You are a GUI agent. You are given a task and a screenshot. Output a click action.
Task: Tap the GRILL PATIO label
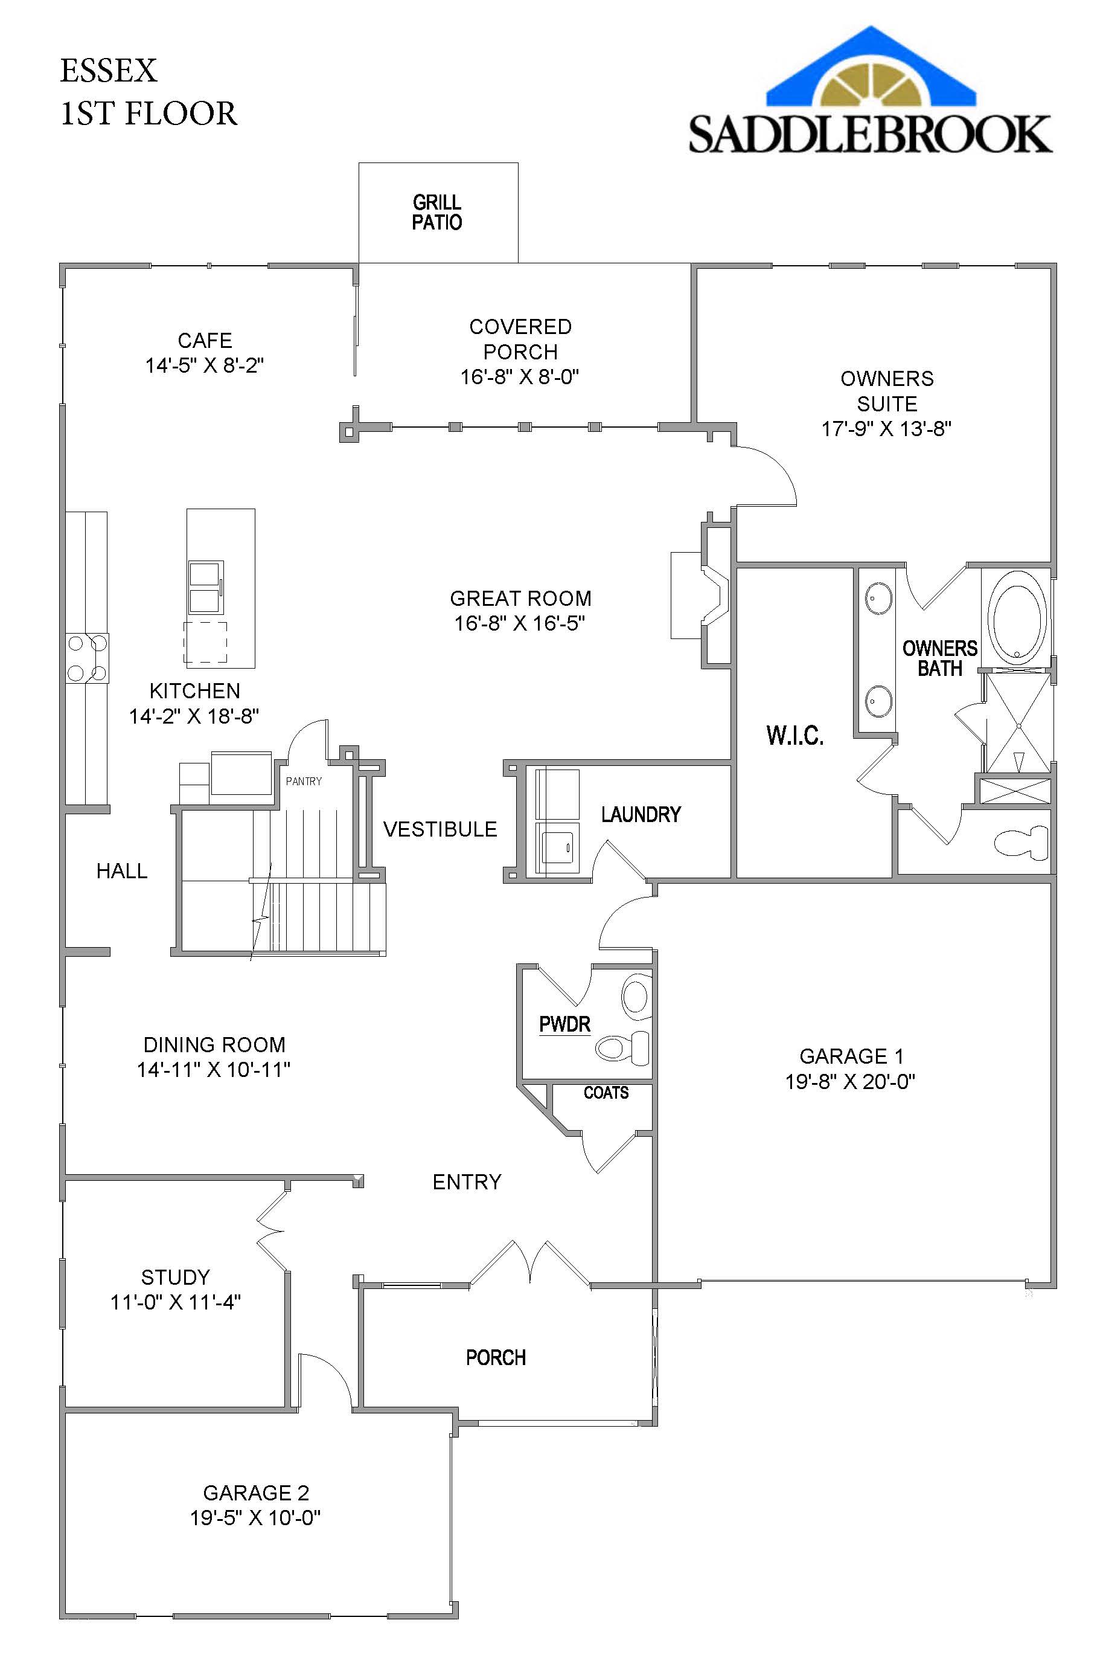pyautogui.click(x=436, y=213)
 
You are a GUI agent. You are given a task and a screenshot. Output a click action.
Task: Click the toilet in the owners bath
pyautogui.click(x=1021, y=841)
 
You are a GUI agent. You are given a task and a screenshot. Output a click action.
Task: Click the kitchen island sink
pyautogui.click(x=205, y=587)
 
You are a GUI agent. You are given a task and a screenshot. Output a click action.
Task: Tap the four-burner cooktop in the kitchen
pyautogui.click(x=87, y=658)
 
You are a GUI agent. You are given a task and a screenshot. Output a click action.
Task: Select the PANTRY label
pyautogui.click(x=303, y=781)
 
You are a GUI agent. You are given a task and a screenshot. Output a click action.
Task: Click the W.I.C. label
pyautogui.click(x=795, y=736)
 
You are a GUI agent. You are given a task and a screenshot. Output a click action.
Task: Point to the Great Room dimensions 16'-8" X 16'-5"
pyautogui.click(x=520, y=623)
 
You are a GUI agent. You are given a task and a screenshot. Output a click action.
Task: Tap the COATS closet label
pyautogui.click(x=606, y=1093)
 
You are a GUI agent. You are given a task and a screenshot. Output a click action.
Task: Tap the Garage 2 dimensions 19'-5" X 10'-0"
pyautogui.click(x=255, y=1517)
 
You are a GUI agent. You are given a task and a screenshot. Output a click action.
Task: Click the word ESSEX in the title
pyautogui.click(x=109, y=71)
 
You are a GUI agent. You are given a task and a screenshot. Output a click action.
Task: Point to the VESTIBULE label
pyautogui.click(x=440, y=829)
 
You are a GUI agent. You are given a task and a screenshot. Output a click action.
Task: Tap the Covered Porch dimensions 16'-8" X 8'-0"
pyautogui.click(x=520, y=377)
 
